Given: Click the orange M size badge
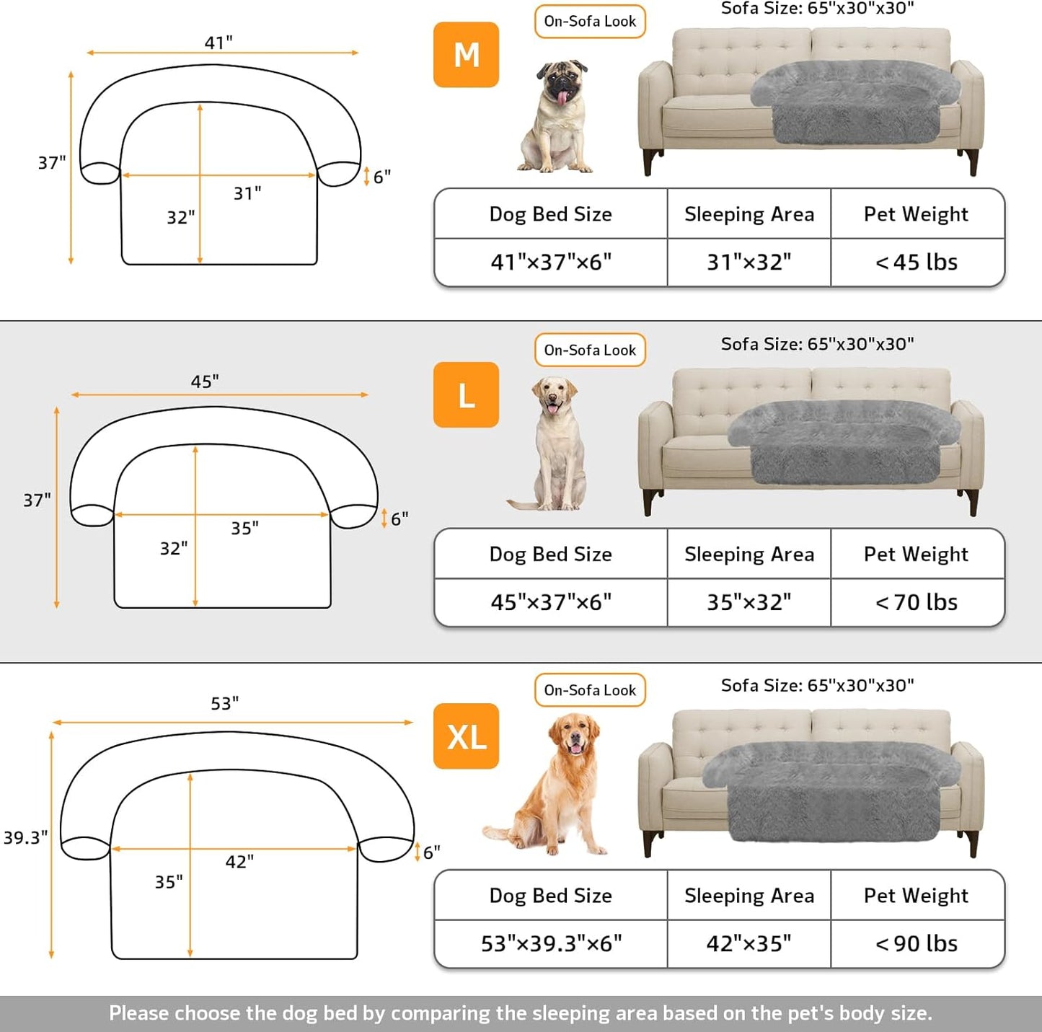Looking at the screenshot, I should click(466, 55).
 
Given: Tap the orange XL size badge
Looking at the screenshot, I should click(466, 736).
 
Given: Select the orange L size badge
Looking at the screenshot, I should click(466, 395).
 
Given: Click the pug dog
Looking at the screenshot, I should click(557, 117).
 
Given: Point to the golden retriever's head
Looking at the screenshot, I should click(575, 734).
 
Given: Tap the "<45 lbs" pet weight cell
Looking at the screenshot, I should click(917, 263).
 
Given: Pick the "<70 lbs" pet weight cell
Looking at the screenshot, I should click(917, 602).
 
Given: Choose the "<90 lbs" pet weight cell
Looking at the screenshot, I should click(917, 943).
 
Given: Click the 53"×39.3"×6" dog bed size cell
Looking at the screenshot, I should click(551, 943).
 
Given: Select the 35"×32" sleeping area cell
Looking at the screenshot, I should click(749, 602).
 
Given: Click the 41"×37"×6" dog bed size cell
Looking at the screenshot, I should click(551, 263).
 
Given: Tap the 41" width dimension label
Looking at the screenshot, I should click(218, 43).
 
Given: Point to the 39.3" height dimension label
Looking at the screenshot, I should click(25, 837).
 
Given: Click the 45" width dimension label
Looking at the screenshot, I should click(205, 382).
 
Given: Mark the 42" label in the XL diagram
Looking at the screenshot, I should click(239, 862).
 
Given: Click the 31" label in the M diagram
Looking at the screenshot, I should click(247, 193).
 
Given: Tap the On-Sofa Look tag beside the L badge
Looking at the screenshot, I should click(590, 350).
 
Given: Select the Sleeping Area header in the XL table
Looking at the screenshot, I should click(749, 896).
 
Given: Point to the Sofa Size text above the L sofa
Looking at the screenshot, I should click(817, 344).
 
